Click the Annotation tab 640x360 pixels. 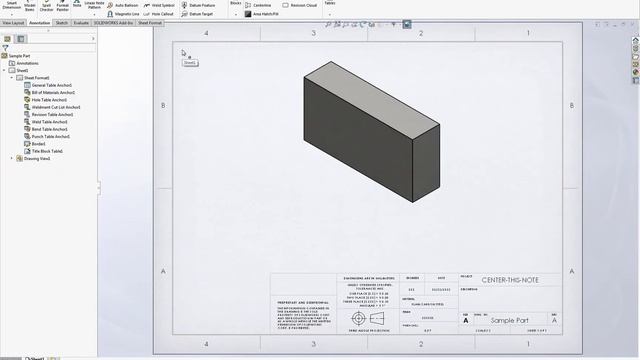(40, 21)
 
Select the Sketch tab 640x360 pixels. (62, 21)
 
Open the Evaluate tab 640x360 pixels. (81, 21)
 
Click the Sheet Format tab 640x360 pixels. (149, 21)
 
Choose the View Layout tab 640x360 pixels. (13, 21)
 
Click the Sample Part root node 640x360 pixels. (21, 56)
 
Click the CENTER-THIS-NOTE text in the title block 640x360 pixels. (507, 279)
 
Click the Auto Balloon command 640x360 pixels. (125, 5)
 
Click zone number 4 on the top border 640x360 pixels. (206, 33)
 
